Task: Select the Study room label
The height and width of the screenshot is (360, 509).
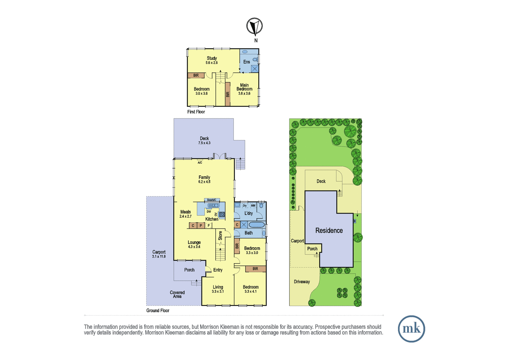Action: click(212, 58)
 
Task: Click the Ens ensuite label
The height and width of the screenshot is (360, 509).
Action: click(247, 62)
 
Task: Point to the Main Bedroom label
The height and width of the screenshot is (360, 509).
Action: click(245, 87)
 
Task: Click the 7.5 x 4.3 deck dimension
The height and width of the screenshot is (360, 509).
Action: click(204, 143)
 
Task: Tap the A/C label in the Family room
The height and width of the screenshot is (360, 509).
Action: click(200, 163)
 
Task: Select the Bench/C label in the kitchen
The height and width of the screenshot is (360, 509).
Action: click(212, 200)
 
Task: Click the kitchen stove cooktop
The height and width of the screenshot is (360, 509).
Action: click(222, 214)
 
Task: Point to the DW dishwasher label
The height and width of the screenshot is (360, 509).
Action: click(209, 212)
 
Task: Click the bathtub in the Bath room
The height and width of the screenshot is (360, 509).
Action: click(257, 225)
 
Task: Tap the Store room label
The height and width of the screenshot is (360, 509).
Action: click(220, 236)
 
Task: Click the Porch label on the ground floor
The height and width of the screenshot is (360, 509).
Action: click(189, 270)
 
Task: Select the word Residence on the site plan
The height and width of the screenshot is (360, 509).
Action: click(329, 230)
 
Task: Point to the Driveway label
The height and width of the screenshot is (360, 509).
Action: click(302, 282)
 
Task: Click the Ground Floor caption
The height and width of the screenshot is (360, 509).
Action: click(158, 311)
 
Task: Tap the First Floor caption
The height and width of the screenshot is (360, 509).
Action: click(196, 112)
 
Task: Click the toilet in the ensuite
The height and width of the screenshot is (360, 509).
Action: click(255, 60)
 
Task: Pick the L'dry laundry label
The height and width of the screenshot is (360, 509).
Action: click(248, 213)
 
